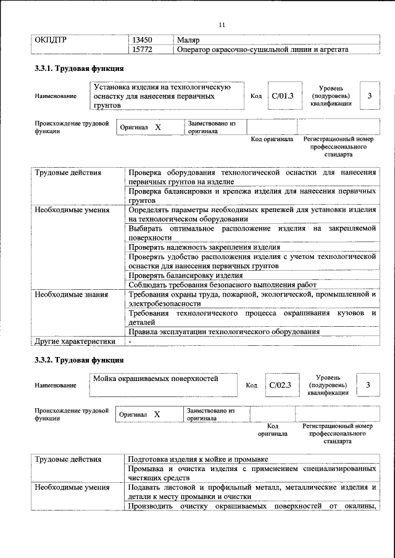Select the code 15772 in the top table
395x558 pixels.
144,49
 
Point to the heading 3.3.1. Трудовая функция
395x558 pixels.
80,68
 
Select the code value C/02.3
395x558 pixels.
280,385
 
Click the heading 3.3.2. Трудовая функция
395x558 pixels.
80,359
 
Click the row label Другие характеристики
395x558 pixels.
75,340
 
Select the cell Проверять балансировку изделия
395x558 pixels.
185,275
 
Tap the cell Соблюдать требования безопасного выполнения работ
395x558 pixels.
222,285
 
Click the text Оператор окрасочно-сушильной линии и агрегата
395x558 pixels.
258,49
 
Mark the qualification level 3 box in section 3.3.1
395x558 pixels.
369,96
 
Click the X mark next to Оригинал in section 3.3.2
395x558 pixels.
157,414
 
